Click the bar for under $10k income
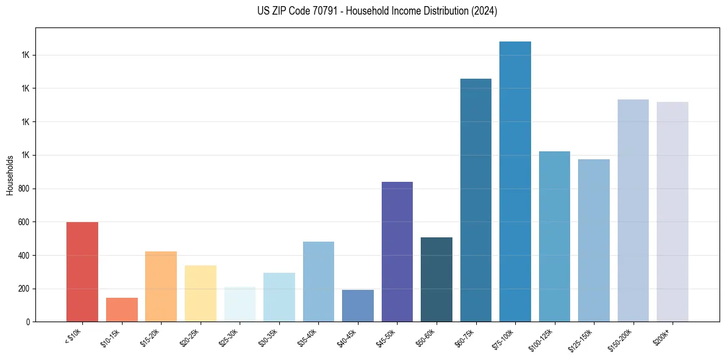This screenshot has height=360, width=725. click(82, 272)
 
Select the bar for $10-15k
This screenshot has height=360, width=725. click(121, 310)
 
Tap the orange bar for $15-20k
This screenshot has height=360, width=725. click(161, 287)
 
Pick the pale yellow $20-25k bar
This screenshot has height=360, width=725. click(201, 293)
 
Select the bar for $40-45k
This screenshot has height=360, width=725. click(358, 306)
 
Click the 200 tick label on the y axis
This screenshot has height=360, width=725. click(27, 289)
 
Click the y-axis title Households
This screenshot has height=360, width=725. click(10, 175)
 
